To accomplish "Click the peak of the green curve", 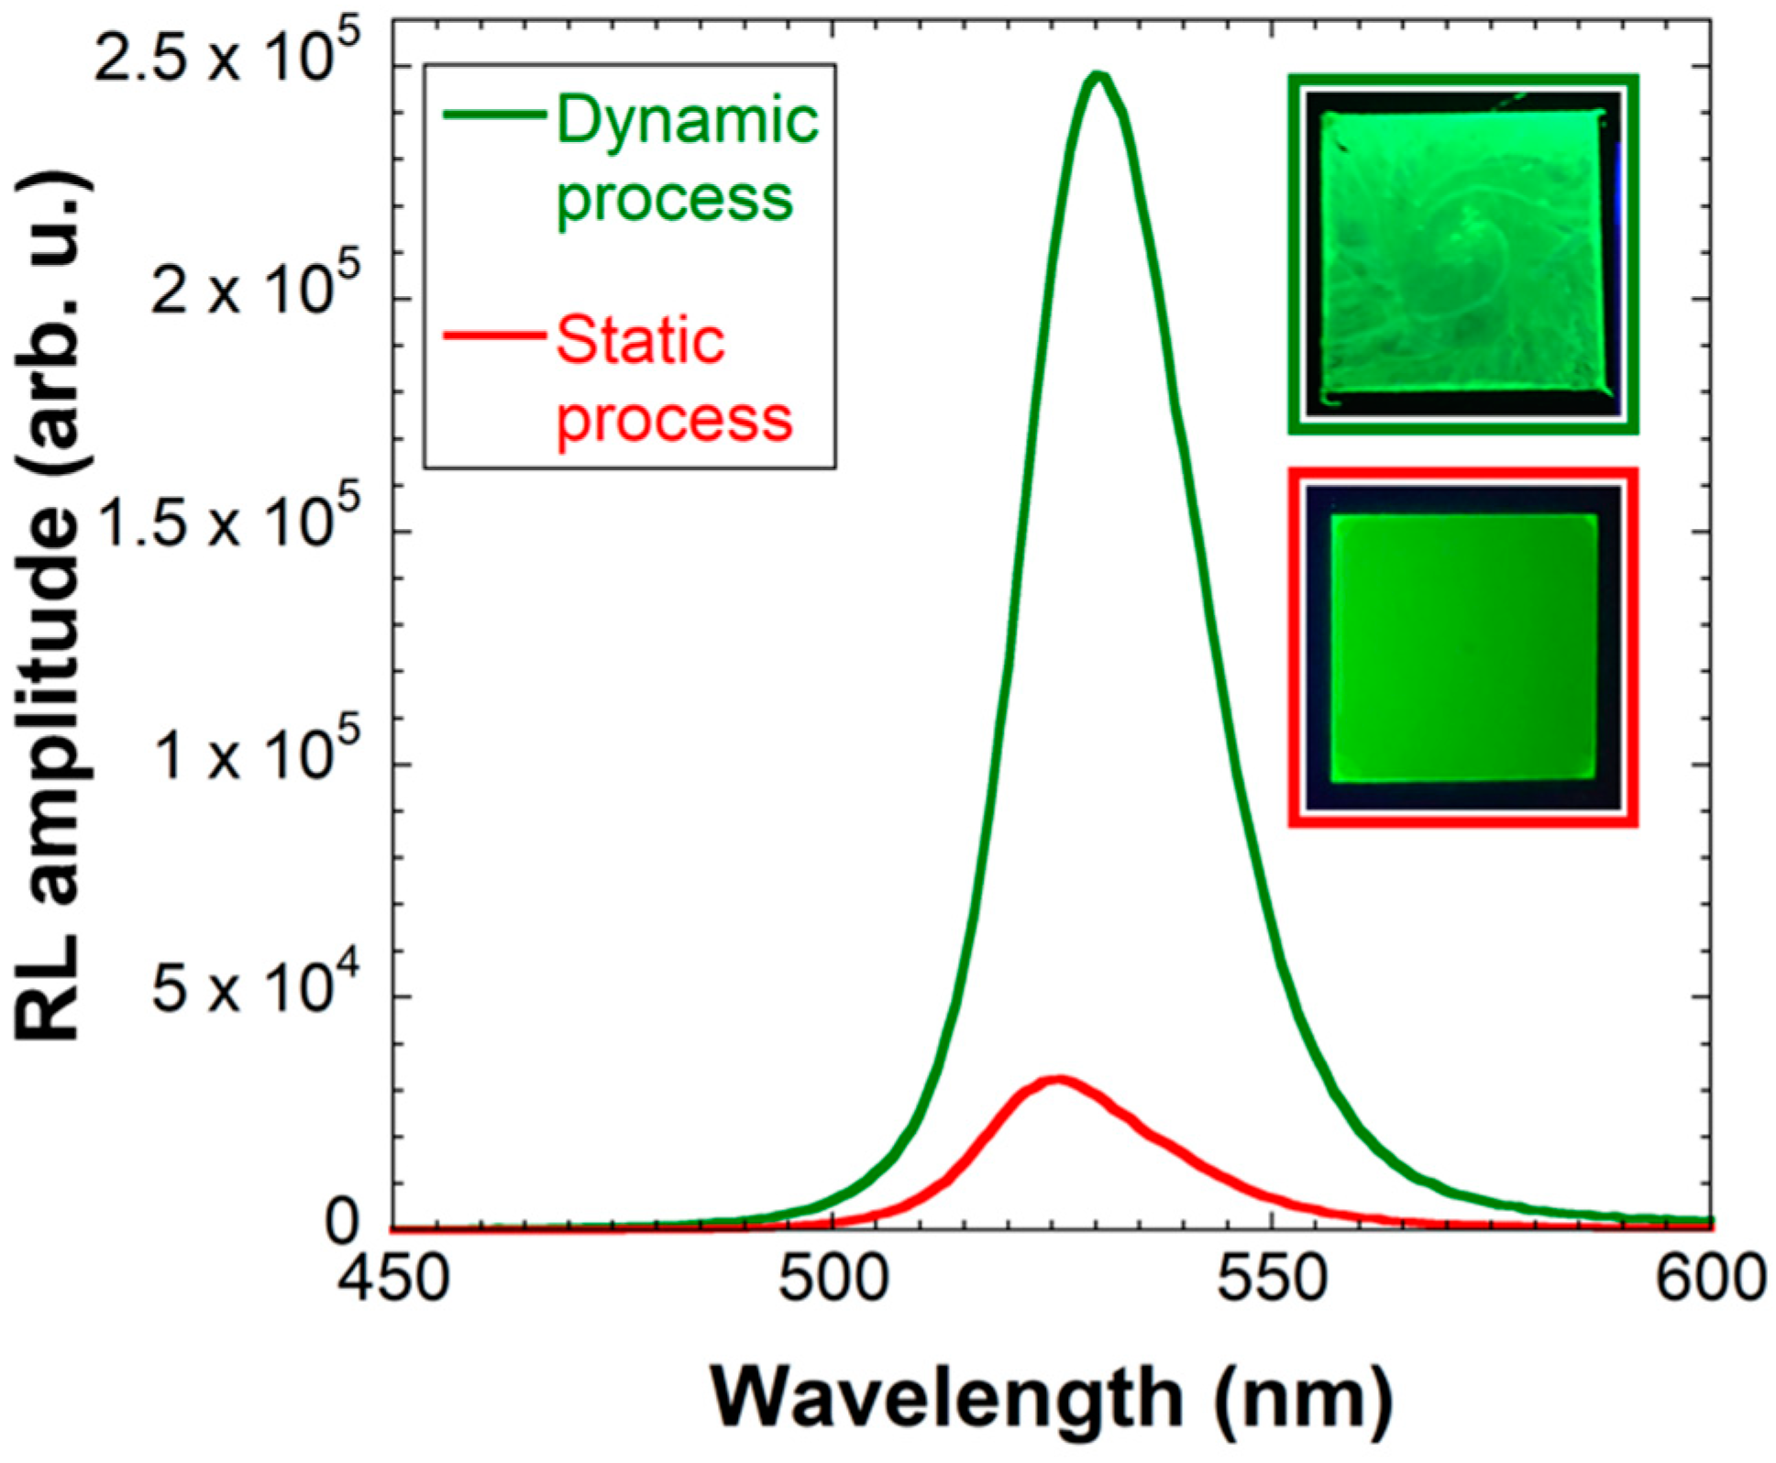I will (1099, 77).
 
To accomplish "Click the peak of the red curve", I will (1059, 1080).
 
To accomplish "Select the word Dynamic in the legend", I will (686, 121).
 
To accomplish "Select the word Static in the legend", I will (640, 341).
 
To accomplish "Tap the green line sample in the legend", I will (493, 115).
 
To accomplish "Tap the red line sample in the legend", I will (493, 335).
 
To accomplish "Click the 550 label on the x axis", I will (1273, 1279).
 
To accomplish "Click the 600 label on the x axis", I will (1709, 1279).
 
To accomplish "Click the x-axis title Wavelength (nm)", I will (1052, 1399).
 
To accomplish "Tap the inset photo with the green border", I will (1463, 255).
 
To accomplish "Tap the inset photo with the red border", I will (1463, 648).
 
